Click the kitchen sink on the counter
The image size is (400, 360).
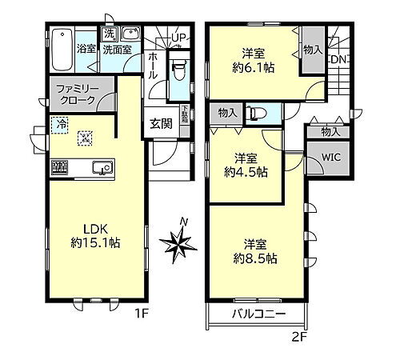tap(102, 167)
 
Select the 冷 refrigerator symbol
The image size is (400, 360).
tap(61, 124)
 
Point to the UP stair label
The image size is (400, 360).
tap(178, 38)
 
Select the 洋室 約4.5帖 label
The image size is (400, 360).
tap(244, 165)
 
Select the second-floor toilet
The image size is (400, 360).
tap(257, 114)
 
